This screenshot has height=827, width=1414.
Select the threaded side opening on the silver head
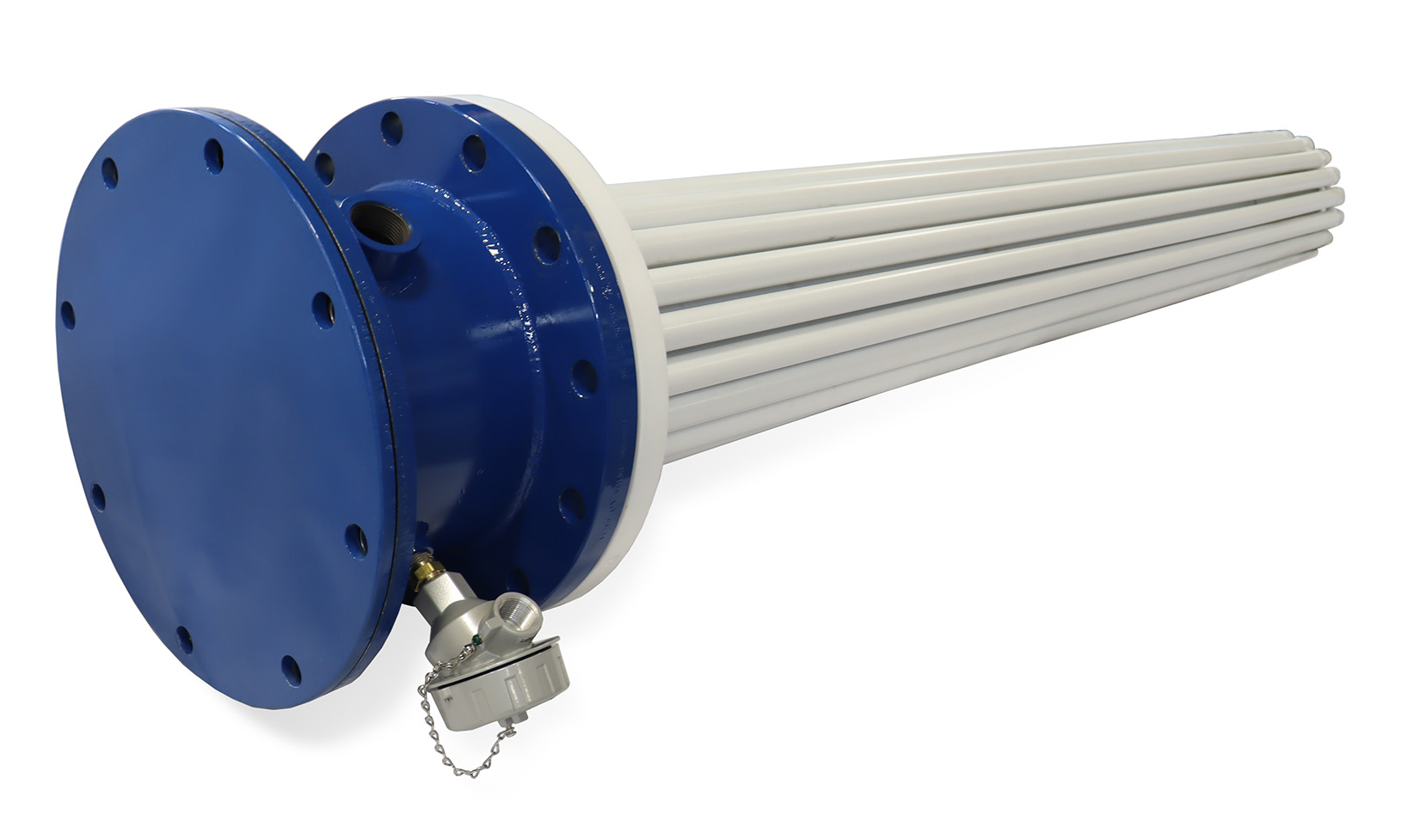[522, 614]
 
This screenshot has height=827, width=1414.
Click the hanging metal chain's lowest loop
[469, 770]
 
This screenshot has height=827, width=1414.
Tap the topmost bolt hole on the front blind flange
[213, 156]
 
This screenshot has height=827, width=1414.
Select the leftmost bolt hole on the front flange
[67, 315]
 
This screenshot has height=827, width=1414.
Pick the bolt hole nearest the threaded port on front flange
[323, 309]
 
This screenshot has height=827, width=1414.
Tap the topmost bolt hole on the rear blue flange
[391, 128]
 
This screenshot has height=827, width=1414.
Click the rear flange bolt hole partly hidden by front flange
[323, 166]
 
